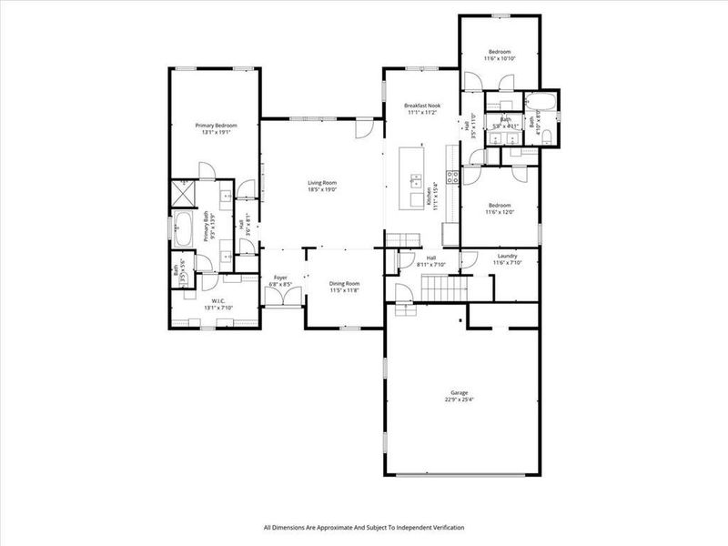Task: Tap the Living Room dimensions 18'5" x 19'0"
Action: pyautogui.click(x=321, y=190)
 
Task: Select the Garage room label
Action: pyautogui.click(x=460, y=392)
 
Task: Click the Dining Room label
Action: pyautogui.click(x=344, y=283)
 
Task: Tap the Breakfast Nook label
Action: pyautogui.click(x=421, y=106)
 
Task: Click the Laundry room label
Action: pyautogui.click(x=505, y=257)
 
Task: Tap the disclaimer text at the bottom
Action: pyautogui.click(x=364, y=527)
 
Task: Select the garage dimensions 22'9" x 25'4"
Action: pyautogui.click(x=460, y=399)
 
